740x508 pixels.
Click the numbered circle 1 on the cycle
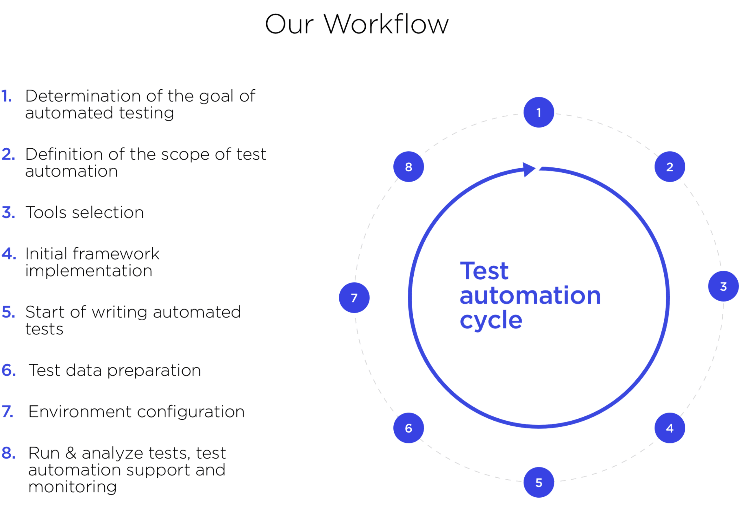[539, 112]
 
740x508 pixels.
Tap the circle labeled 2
[670, 167]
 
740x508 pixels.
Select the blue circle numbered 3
[724, 286]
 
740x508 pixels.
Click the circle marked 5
[539, 482]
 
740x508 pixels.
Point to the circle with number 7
[354, 298]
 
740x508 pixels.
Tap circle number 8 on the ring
[408, 167]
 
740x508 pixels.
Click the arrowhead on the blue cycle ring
[529, 169]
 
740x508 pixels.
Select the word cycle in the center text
[491, 320]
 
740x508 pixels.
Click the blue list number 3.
[8, 213]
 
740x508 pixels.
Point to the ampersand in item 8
[71, 453]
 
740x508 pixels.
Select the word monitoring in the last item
[72, 487]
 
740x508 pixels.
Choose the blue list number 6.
[9, 370]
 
